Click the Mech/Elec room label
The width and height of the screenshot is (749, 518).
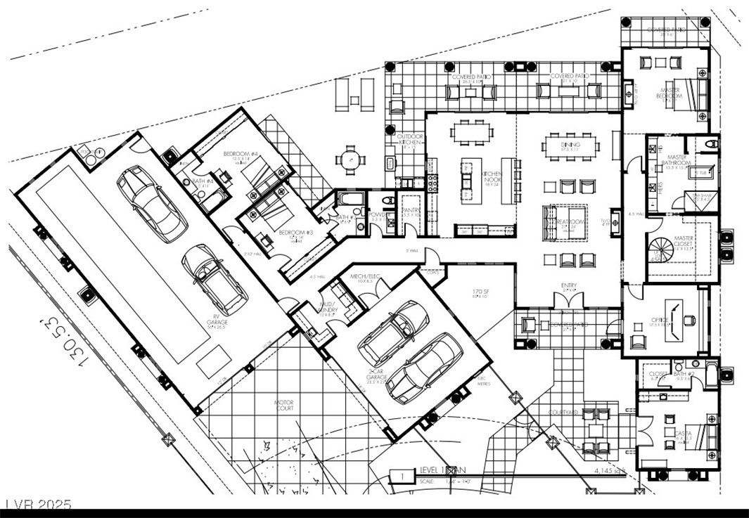(365, 277)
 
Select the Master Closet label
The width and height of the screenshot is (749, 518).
(683, 242)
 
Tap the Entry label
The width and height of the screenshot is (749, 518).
(569, 285)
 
